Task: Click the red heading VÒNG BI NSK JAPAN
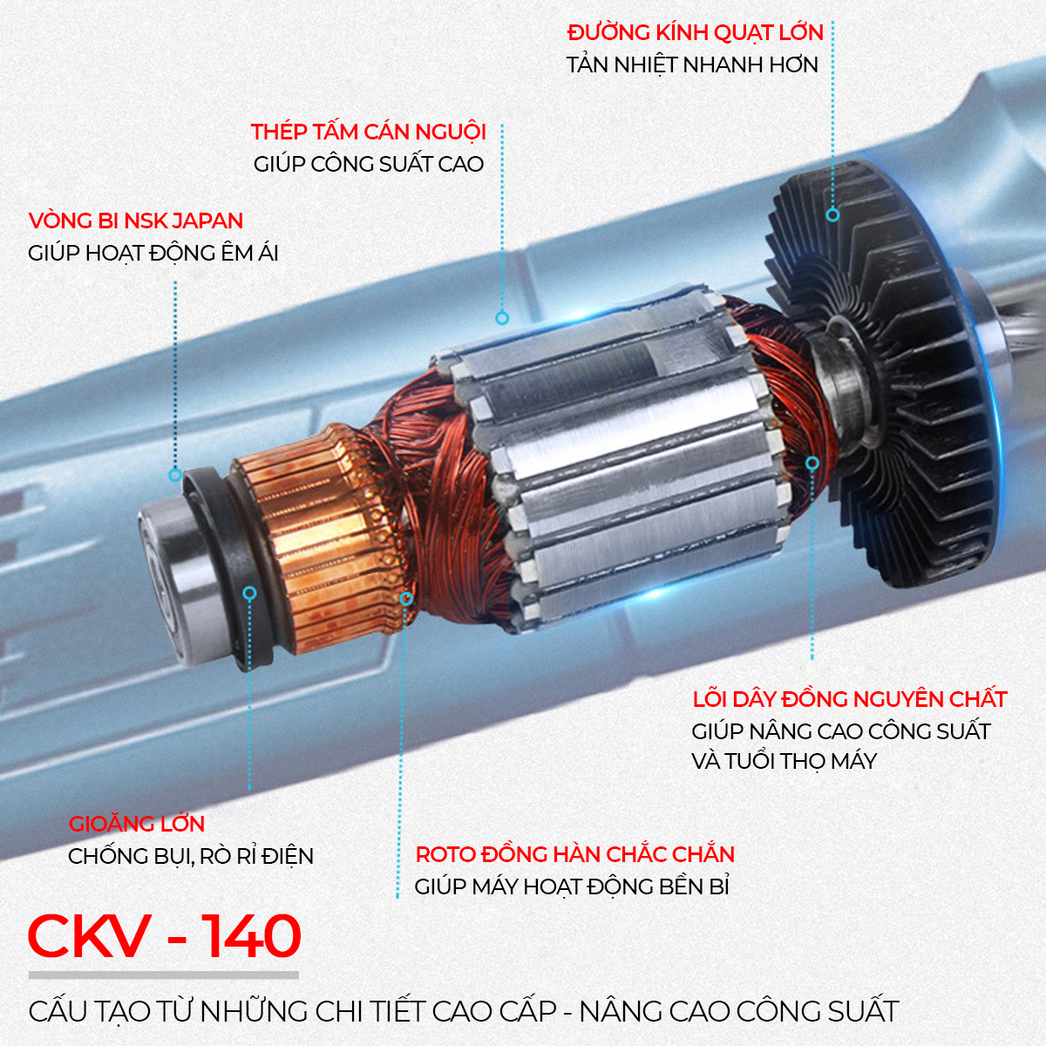(x=135, y=221)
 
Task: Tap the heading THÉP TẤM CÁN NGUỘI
(x=368, y=132)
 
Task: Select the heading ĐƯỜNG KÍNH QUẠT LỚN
(x=695, y=33)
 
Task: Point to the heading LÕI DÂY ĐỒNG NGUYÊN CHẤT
(x=849, y=699)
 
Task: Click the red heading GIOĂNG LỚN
(x=137, y=824)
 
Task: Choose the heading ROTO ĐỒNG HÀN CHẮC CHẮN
(x=574, y=854)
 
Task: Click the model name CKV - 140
(x=165, y=936)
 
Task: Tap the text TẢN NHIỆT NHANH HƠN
(x=692, y=65)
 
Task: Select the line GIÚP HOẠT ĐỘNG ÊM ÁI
(x=153, y=254)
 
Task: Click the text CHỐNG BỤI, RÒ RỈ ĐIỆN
(x=191, y=856)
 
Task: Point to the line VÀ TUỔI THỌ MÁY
(x=784, y=761)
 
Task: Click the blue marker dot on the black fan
(x=832, y=214)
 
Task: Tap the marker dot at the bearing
(x=175, y=475)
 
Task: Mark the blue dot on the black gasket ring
(x=249, y=593)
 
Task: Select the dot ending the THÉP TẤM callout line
(x=502, y=318)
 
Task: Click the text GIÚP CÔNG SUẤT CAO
(x=368, y=165)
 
